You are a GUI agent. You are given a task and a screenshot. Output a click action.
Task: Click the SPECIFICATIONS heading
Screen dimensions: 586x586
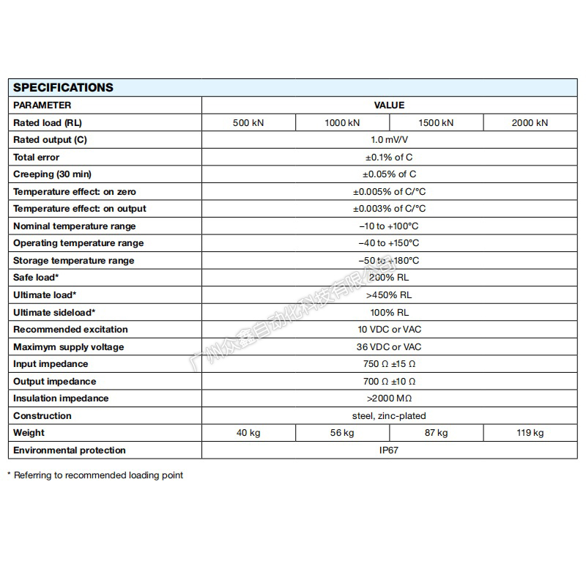point(64,87)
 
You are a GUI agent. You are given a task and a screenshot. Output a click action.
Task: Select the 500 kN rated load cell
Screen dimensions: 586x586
point(248,122)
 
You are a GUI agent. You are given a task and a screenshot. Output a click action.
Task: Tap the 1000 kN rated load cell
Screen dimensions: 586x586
point(342,122)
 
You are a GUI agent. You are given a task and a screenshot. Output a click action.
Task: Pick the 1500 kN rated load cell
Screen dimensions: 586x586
point(436,122)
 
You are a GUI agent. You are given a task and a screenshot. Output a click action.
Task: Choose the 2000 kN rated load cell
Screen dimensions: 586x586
point(530,122)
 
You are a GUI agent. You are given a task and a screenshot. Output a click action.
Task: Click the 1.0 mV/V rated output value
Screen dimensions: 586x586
point(389,140)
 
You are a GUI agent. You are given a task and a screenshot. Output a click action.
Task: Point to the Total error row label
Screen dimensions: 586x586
point(37,157)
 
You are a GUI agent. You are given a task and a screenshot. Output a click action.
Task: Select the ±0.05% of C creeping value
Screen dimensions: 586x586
point(389,174)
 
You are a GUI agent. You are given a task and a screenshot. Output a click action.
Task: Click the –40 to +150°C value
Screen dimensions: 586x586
point(389,243)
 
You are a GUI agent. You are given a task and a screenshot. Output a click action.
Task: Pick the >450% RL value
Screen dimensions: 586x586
point(389,295)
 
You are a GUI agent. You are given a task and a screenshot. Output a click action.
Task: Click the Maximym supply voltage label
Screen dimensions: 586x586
point(69,346)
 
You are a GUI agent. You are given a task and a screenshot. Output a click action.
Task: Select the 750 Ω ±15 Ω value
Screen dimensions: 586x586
point(389,364)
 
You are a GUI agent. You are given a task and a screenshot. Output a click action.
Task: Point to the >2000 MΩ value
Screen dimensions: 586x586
point(389,398)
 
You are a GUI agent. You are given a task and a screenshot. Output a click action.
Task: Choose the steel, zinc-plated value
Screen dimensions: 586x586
point(389,416)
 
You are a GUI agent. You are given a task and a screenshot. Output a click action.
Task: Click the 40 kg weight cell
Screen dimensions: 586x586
point(248,433)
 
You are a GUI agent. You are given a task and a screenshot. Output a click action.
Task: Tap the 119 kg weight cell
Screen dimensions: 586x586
point(530,433)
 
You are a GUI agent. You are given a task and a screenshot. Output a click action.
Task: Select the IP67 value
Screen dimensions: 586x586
point(389,450)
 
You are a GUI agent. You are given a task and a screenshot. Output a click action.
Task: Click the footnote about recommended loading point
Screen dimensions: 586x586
point(95,475)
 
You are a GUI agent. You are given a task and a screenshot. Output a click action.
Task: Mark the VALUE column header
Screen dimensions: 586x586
point(389,105)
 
